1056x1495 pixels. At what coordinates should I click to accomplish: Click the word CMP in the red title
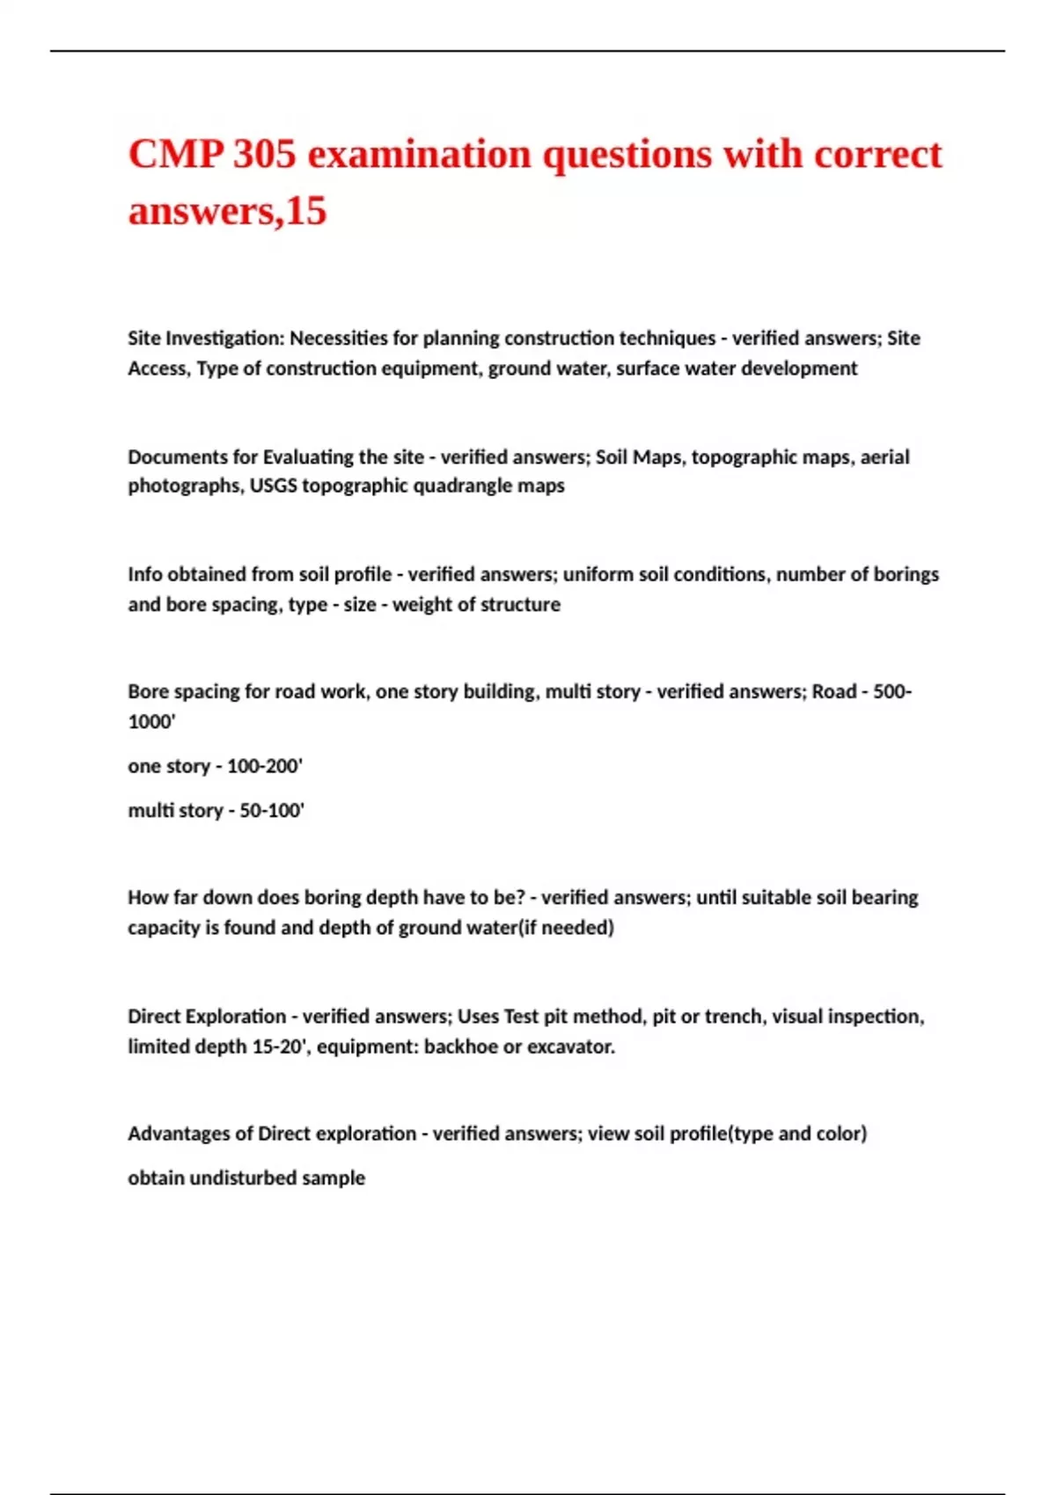click(x=175, y=155)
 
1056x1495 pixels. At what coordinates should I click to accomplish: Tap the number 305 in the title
click(x=265, y=155)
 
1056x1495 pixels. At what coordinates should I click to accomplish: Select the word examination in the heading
click(x=420, y=155)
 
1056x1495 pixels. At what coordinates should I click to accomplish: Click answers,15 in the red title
click(x=227, y=211)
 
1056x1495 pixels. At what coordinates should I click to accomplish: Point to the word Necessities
click(x=339, y=339)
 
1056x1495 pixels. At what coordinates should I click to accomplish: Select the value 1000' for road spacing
click(x=151, y=722)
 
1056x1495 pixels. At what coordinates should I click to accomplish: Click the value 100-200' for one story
click(x=265, y=766)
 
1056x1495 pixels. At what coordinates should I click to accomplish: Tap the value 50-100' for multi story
click(x=272, y=811)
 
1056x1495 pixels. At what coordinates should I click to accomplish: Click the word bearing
click(x=884, y=898)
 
